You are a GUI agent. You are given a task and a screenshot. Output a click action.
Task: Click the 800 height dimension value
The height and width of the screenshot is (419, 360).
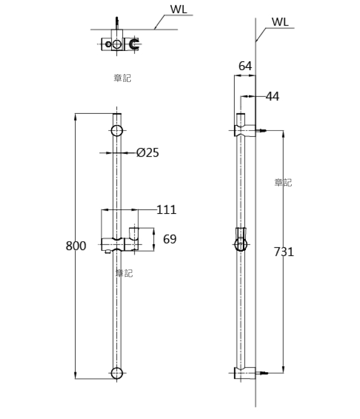pos(76,246)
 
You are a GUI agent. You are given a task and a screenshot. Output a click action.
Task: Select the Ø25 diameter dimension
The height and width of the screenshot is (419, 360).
pos(148,152)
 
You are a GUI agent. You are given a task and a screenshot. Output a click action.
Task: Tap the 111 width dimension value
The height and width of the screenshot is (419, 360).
pos(166,210)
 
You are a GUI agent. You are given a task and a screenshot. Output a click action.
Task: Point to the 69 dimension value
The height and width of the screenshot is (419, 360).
pos(170,239)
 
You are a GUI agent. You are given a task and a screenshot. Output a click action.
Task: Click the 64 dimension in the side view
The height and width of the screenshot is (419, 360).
pos(245,66)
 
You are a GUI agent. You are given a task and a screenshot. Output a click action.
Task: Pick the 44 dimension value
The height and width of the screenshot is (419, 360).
pos(272,97)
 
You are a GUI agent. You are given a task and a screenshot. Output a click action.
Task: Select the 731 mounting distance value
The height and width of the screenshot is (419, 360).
pos(284,252)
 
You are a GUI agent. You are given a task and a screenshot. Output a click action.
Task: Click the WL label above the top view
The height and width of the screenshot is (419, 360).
pos(178,9)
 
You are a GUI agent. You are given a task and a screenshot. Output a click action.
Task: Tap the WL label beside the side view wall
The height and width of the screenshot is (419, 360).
pos(280,22)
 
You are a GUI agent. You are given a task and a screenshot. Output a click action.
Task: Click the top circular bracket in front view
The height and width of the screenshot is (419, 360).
pos(117,131)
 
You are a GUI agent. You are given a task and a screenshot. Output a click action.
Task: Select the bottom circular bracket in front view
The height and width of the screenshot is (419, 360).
pos(117,373)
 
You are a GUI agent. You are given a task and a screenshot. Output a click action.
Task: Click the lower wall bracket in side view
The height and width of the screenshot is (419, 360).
pos(245,373)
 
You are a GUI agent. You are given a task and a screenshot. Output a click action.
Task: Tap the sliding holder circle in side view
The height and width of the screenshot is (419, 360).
pos(241,245)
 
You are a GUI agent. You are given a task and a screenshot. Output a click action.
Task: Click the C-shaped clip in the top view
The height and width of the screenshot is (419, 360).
pos(134,44)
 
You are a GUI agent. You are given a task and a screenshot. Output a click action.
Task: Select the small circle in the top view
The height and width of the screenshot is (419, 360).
pos(109,44)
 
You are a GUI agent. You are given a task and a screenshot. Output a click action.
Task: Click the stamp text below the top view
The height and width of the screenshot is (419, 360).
pos(122,78)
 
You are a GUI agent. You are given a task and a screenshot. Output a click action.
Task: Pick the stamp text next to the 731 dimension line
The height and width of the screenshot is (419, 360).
pos(283,183)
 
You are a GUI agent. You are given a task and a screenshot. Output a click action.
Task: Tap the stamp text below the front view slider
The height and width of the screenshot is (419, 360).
pos(124,273)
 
